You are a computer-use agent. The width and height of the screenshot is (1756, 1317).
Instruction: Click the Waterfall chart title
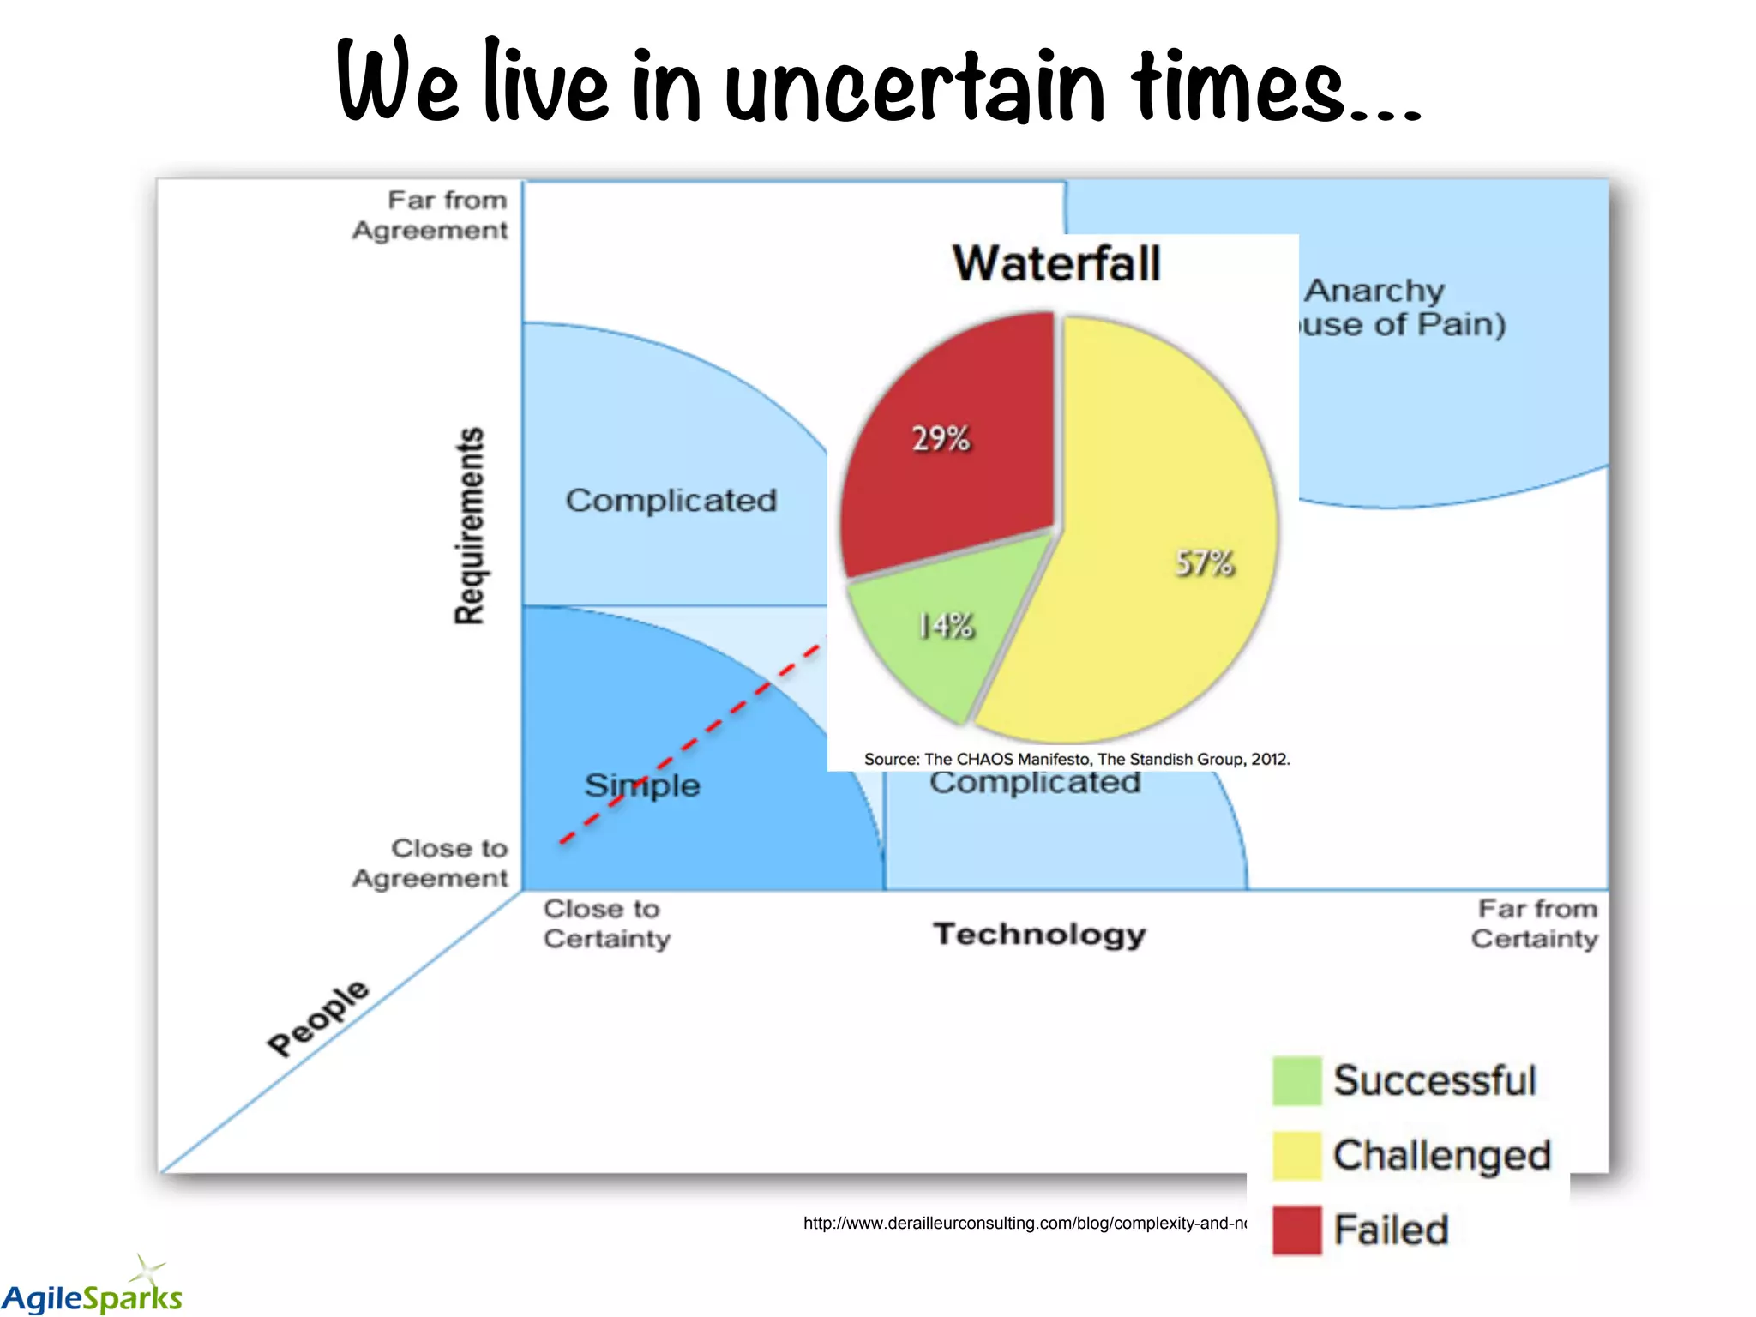[1056, 263]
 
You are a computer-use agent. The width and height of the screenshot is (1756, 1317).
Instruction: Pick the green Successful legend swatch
[1296, 1081]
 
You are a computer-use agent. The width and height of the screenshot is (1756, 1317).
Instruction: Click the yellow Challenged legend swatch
[1296, 1156]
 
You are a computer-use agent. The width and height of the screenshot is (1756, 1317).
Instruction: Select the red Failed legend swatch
[1296, 1230]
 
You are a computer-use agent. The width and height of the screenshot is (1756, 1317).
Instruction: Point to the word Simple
[642, 785]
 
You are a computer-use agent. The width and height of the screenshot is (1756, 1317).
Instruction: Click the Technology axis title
[1039, 934]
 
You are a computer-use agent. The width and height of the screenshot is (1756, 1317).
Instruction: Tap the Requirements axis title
[469, 526]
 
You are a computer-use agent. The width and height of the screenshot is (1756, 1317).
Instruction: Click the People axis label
[318, 1017]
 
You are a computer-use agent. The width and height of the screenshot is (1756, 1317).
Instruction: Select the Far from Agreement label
[430, 215]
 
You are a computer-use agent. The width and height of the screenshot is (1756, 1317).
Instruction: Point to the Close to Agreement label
[430, 863]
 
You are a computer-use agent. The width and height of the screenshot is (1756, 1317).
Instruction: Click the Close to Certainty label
[606, 923]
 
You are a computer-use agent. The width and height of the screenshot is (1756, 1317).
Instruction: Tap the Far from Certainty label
[1535, 923]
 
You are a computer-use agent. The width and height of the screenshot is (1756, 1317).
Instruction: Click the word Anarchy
[1374, 291]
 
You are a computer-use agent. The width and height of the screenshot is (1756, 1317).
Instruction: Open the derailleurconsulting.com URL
[1025, 1224]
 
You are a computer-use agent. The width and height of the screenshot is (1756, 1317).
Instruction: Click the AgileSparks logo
[92, 1290]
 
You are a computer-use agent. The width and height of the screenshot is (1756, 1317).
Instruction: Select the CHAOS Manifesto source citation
[1077, 759]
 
